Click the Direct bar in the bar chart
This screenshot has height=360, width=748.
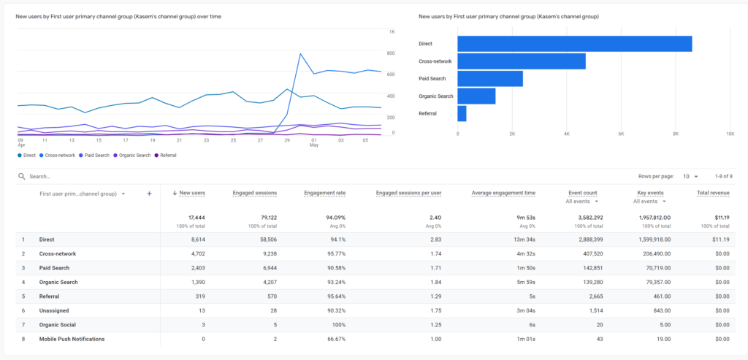[x=574, y=44]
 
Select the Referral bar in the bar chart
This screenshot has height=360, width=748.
[x=462, y=113]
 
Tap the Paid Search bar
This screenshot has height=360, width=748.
[x=490, y=79]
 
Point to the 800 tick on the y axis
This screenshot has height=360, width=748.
[x=392, y=53]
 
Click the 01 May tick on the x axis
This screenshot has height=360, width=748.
[x=313, y=142]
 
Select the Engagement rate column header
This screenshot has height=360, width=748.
[x=325, y=193]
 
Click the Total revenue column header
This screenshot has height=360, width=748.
[x=712, y=193]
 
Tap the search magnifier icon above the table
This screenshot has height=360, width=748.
[x=22, y=177]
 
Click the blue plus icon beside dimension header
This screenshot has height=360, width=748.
[x=149, y=194]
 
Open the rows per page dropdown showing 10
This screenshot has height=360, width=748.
[x=690, y=177]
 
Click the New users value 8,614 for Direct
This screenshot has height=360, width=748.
[x=193, y=240]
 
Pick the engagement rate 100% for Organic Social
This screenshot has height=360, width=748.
[x=337, y=325]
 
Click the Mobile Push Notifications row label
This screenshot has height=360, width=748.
[x=72, y=339]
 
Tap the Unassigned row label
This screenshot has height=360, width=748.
[x=55, y=310]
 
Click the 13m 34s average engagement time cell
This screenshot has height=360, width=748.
[x=522, y=240]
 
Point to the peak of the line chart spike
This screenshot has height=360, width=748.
[x=300, y=53]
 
